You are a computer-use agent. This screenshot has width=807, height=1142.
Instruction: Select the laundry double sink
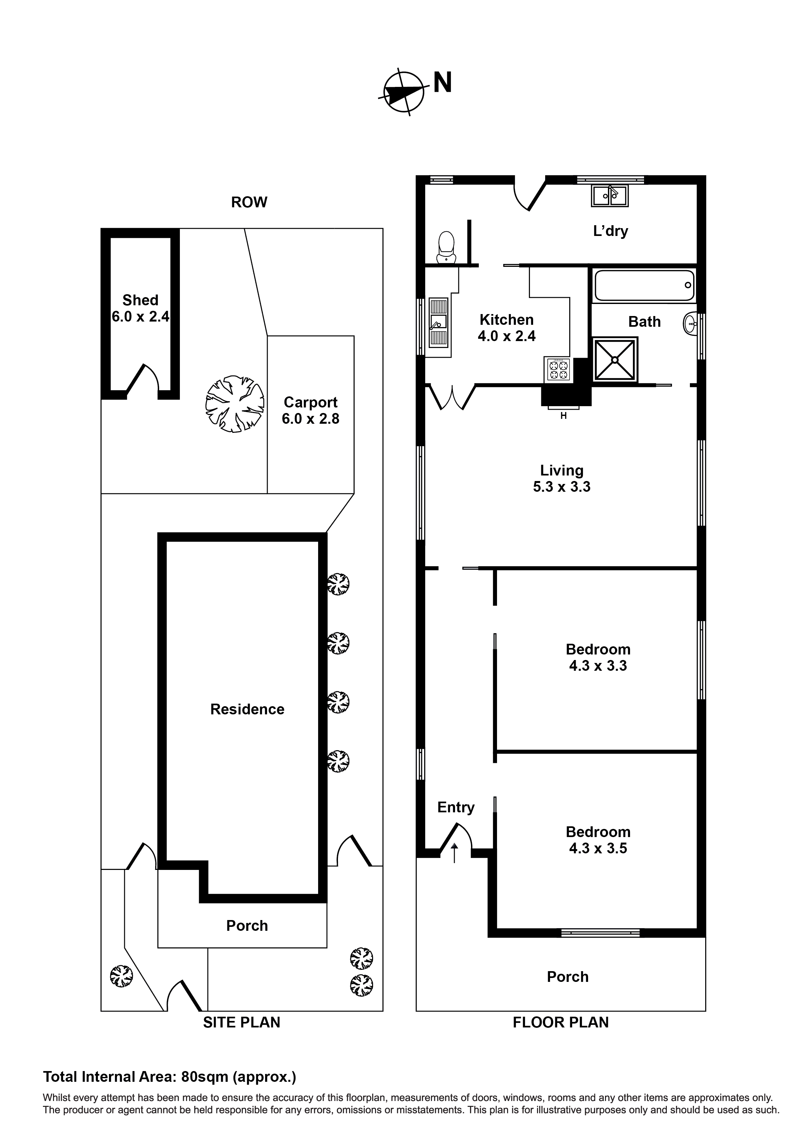(610, 196)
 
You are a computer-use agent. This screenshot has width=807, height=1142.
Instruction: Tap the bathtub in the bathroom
(644, 285)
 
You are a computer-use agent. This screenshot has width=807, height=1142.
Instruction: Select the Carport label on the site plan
(310, 402)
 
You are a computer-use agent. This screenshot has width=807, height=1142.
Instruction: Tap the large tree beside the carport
(235, 404)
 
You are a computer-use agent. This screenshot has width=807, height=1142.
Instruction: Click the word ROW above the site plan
(249, 202)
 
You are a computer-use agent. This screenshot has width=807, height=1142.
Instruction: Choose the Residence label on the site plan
(247, 709)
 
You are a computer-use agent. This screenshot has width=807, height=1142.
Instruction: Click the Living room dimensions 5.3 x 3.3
(561, 487)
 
